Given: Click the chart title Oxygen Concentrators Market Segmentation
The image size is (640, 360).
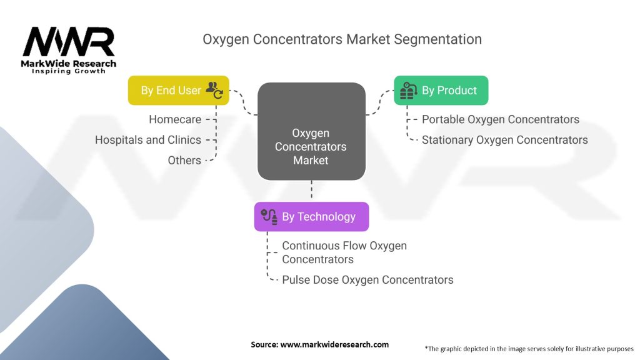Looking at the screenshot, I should click(342, 39).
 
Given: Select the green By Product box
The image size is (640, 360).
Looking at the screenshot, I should click(441, 91).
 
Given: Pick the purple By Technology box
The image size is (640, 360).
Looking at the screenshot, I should click(311, 217).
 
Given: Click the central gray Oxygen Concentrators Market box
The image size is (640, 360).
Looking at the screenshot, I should click(311, 146).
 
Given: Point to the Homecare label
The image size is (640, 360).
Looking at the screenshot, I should click(175, 119).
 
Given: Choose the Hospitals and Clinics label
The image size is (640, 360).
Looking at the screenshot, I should click(148, 140).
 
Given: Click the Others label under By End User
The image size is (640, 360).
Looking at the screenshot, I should click(184, 161).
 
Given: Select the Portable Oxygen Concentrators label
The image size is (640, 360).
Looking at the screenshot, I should click(500, 119).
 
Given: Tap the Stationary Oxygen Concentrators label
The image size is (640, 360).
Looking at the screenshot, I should click(504, 140).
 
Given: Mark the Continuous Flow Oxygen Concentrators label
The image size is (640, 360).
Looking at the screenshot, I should click(344, 252).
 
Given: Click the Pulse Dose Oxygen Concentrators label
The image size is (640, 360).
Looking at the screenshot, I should click(367, 279).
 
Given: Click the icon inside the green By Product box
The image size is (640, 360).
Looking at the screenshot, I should click(408, 91).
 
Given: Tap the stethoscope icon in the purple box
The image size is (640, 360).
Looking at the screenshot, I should click(269, 217).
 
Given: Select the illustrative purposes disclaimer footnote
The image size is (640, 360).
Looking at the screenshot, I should click(529, 348).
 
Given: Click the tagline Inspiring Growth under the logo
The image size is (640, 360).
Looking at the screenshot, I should click(69, 71).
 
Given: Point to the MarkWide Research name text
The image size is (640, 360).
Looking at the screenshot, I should click(69, 64).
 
